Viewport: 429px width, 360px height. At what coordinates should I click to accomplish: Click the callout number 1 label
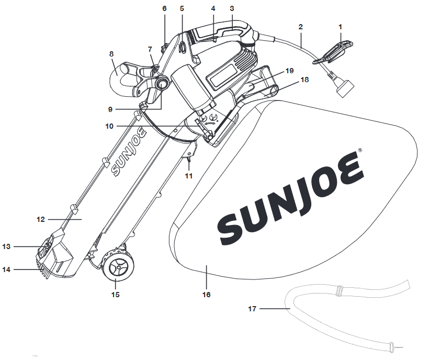340,27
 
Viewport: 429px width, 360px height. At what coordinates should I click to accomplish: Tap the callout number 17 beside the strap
252,309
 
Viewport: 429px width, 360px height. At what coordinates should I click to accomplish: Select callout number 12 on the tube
40,219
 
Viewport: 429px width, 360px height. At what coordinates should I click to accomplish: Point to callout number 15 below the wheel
116,295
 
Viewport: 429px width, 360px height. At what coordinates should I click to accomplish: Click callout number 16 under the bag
206,295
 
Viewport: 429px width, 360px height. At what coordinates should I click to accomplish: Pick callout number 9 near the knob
110,109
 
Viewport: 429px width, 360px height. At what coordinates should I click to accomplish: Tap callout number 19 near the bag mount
289,71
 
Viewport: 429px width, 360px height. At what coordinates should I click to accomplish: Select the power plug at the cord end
344,88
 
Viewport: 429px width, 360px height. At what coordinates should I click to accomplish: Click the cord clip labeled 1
333,52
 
